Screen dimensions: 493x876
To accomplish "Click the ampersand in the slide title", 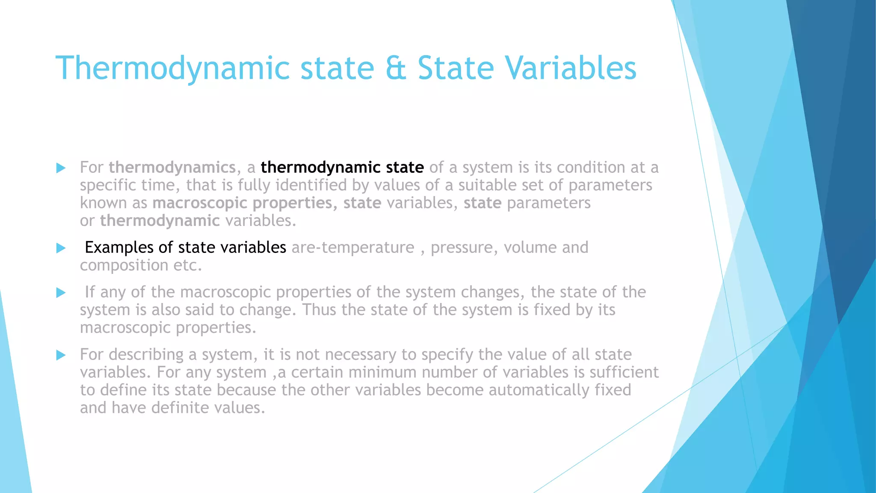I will [396, 68].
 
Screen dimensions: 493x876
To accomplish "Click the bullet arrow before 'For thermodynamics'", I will [61, 168].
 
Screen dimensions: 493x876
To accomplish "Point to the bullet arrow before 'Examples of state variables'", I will [61, 248].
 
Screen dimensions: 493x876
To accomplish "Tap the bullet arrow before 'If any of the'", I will [61, 293].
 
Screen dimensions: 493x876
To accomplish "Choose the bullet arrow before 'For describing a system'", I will [61, 355].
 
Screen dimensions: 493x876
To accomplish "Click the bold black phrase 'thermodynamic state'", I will [342, 167].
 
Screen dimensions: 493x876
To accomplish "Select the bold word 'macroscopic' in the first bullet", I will [199, 203].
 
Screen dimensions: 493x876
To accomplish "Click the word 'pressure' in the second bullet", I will [464, 248].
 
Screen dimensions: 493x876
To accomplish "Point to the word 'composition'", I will [124, 266].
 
